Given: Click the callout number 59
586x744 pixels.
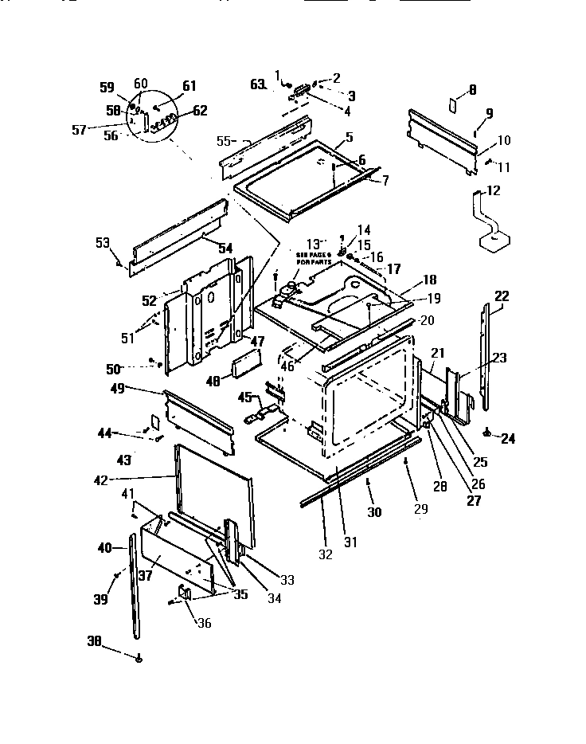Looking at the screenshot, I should click(107, 88).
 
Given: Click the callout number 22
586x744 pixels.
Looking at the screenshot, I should click(501, 296).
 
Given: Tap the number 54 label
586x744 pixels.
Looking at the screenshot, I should click(225, 248).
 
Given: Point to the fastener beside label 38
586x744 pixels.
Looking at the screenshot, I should click(139, 659).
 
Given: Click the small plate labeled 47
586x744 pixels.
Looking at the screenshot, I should click(244, 369).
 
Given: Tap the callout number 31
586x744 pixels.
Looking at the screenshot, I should click(350, 542).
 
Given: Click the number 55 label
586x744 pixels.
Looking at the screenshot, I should click(225, 140).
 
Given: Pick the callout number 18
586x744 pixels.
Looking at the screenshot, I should click(430, 280).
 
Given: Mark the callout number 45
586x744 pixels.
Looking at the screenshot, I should click(246, 397).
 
